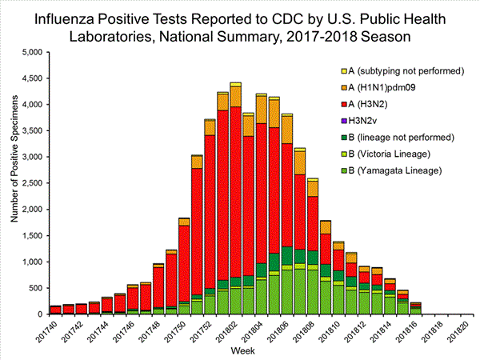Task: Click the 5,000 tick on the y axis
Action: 28,53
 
